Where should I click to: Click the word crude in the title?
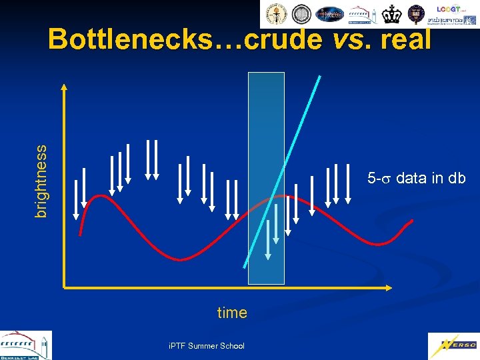tap(283, 40)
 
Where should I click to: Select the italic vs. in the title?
tap(351, 40)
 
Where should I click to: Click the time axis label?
tap(232, 313)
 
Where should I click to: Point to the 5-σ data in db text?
tap(416, 179)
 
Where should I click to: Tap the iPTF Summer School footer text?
tap(207, 345)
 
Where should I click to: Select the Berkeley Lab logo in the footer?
tap(25, 345)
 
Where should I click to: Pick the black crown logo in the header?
tap(394, 14)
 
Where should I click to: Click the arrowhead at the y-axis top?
tap(63, 87)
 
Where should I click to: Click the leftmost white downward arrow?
tap(76, 200)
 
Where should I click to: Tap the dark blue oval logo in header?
tap(329, 14)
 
